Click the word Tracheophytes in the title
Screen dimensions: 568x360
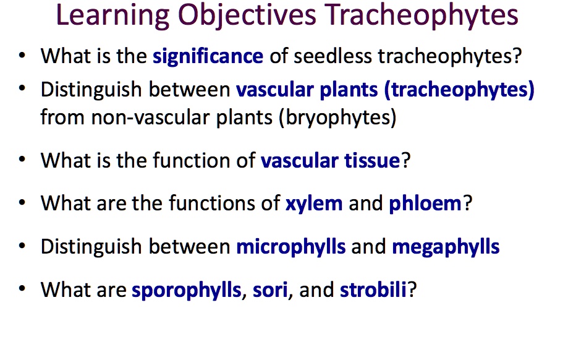(x=422, y=15)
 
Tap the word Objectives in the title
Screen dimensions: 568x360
(x=247, y=15)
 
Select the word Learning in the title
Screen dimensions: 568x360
(x=112, y=15)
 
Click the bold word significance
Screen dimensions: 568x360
(x=208, y=56)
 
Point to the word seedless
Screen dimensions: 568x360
(x=333, y=56)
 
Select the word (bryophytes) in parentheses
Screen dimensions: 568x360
(x=337, y=118)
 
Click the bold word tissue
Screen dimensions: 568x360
(x=372, y=161)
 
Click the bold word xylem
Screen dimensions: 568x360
(x=314, y=204)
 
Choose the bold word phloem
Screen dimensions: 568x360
(x=425, y=204)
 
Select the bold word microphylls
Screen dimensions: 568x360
(x=291, y=247)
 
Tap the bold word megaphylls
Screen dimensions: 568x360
(x=446, y=247)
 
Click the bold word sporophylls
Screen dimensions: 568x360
(x=186, y=290)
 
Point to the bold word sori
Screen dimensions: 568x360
(x=270, y=290)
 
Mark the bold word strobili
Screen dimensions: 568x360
(x=373, y=290)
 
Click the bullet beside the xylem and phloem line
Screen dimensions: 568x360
(x=22, y=202)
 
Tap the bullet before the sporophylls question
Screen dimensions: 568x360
(x=22, y=289)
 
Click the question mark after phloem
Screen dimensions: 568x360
(x=468, y=203)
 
